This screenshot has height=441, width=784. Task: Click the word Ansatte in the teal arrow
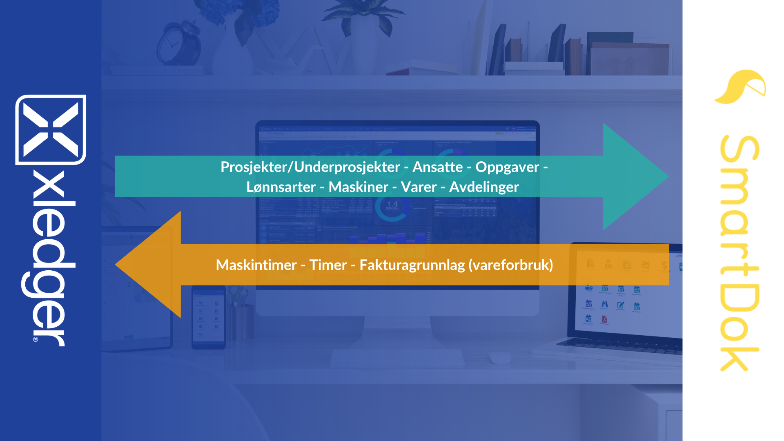click(x=437, y=167)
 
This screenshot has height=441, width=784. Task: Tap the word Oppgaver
click(x=507, y=167)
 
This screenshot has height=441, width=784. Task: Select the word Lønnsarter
click(x=281, y=187)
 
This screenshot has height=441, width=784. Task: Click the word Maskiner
click(x=358, y=187)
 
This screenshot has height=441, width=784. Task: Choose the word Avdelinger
click(x=484, y=187)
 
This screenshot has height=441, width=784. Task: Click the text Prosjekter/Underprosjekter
click(x=310, y=167)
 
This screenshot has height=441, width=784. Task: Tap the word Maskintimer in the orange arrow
click(x=256, y=265)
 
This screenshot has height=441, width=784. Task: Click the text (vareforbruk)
click(x=511, y=265)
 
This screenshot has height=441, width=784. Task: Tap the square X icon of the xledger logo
click(x=51, y=130)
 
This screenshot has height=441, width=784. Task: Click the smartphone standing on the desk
click(x=208, y=317)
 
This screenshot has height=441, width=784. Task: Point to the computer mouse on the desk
click(x=500, y=358)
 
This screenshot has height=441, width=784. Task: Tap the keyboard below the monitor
click(x=397, y=358)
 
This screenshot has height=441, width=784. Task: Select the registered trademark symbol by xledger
click(x=36, y=339)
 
